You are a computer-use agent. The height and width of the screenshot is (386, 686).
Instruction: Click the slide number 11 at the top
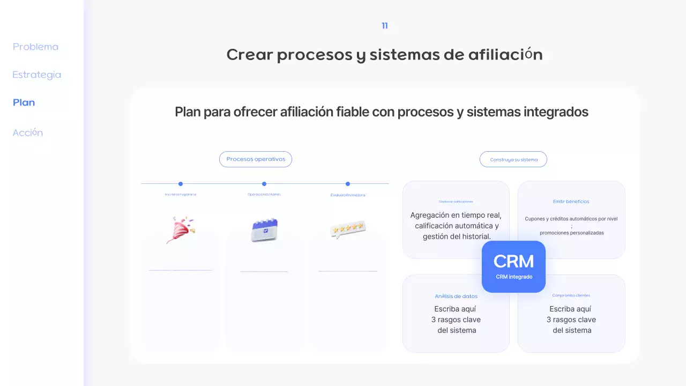pyautogui.click(x=385, y=26)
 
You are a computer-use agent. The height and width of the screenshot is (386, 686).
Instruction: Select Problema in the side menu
pyautogui.click(x=35, y=47)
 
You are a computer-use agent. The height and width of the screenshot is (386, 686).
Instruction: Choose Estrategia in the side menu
pyautogui.click(x=36, y=75)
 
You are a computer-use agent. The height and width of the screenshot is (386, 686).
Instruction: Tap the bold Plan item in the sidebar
pyautogui.click(x=24, y=102)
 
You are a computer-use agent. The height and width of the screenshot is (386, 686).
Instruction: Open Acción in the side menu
pyautogui.click(x=27, y=132)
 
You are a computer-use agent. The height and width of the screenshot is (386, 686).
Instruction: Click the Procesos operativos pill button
pyautogui.click(x=256, y=159)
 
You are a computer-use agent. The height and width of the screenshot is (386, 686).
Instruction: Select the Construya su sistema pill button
pyautogui.click(x=513, y=159)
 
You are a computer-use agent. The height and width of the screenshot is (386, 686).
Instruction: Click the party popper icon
pyautogui.click(x=181, y=229)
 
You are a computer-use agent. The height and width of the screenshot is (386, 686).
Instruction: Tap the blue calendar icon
pyautogui.click(x=264, y=229)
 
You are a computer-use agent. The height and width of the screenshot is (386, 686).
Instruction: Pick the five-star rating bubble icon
pyautogui.click(x=348, y=229)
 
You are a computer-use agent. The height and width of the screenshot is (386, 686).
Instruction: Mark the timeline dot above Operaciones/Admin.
pyautogui.click(x=264, y=184)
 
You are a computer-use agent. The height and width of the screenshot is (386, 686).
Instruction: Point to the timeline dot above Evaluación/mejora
pyautogui.click(x=348, y=184)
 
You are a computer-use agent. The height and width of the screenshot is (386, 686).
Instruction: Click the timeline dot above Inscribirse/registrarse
pyautogui.click(x=181, y=184)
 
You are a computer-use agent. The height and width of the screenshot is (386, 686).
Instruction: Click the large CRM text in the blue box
pyautogui.click(x=513, y=262)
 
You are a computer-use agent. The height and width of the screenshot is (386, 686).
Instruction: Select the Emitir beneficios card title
pyautogui.click(x=571, y=202)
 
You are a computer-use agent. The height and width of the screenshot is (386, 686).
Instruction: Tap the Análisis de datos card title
pyautogui.click(x=456, y=296)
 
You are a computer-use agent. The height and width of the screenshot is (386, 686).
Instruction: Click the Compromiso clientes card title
pyautogui.click(x=571, y=295)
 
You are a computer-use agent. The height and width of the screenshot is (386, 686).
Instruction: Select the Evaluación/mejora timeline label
pyautogui.click(x=348, y=195)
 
